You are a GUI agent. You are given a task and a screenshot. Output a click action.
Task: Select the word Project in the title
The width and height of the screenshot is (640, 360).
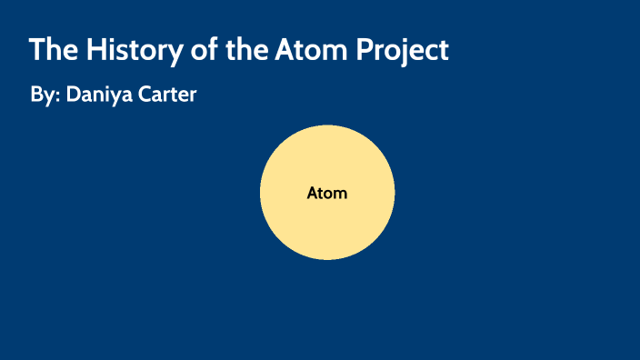[x=408, y=50]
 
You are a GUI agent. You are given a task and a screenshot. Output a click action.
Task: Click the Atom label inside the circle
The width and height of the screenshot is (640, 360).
[x=327, y=194]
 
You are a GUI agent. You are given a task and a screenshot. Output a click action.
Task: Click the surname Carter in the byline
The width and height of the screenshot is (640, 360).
[x=167, y=95]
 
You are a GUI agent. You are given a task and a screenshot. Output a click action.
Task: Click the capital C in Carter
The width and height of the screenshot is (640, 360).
[x=145, y=95]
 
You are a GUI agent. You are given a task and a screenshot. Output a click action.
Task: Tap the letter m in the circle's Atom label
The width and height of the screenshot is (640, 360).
[x=340, y=195]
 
